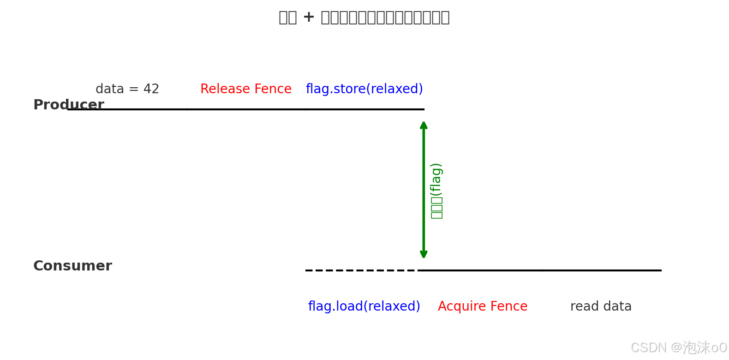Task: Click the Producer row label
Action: (68, 105)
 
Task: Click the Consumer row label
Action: (72, 266)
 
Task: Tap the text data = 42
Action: (127, 89)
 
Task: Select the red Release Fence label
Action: (245, 89)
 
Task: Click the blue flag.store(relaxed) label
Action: (364, 89)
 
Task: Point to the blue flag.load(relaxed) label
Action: (364, 306)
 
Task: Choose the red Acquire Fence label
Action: (482, 306)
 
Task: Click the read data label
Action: (601, 306)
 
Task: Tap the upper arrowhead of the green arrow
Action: (424, 125)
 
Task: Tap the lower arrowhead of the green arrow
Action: (424, 254)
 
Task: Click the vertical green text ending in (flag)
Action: (436, 191)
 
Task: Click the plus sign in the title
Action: (309, 17)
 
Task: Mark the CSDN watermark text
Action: (678, 347)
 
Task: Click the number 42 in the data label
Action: (151, 89)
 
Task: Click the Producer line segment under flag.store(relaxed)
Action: (364, 109)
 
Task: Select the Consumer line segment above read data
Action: (601, 270)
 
